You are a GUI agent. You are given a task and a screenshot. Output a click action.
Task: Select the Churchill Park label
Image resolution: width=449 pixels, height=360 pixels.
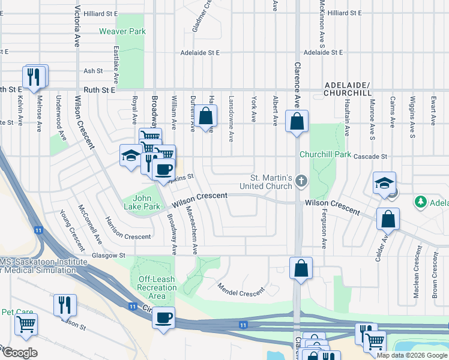click(x=325, y=154)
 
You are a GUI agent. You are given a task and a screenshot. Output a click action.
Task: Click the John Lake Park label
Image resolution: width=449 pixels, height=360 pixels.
click(x=147, y=202)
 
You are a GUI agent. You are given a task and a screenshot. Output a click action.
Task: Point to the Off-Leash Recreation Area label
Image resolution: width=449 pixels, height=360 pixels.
click(x=157, y=287)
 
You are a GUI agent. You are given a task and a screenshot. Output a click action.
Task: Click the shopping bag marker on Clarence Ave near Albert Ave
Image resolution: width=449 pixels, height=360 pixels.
click(x=297, y=121)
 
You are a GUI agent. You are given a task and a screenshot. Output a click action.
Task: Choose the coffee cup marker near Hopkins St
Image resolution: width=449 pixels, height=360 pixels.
click(x=163, y=169)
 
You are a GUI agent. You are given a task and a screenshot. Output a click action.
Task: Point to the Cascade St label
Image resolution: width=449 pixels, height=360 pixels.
click(x=369, y=156)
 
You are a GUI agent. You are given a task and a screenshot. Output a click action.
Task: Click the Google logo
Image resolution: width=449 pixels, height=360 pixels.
click(x=20, y=353)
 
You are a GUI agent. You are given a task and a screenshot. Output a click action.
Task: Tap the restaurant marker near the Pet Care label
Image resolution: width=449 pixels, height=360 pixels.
click(x=64, y=304)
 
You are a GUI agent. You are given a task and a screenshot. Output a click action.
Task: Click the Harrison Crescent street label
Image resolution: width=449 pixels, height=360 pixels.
click(x=128, y=228)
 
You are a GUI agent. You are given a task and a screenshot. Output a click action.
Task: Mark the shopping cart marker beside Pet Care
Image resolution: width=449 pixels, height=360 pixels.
click(x=26, y=324)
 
